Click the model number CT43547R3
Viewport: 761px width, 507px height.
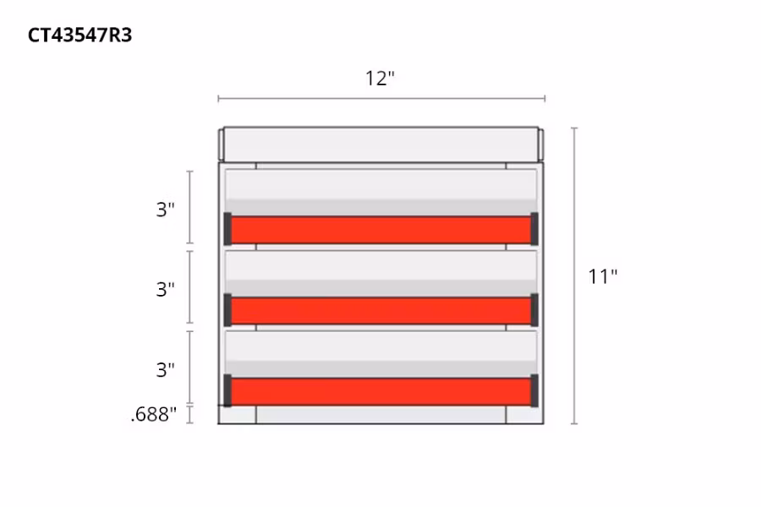click(79, 35)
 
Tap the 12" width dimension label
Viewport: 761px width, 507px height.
click(380, 79)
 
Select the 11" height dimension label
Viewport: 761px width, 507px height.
click(603, 276)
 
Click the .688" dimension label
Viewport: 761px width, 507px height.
click(154, 414)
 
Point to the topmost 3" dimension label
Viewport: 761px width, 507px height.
click(165, 210)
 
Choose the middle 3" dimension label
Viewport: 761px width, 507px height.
click(165, 289)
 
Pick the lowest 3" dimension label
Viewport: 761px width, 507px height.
click(165, 369)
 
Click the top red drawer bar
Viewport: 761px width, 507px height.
click(380, 230)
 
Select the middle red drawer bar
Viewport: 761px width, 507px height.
click(380, 310)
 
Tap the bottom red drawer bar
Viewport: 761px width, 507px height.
click(380, 391)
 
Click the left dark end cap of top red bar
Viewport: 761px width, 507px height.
click(227, 229)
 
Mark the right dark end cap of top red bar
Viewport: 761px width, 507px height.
click(534, 229)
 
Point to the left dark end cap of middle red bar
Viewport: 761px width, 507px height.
click(227, 309)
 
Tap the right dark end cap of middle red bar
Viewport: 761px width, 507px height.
click(534, 309)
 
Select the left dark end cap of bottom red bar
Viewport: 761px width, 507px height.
click(227, 390)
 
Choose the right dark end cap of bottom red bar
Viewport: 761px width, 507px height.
click(534, 390)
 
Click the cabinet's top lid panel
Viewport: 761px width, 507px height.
click(380, 144)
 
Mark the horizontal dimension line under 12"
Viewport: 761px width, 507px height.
click(380, 99)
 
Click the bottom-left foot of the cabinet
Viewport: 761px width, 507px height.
click(238, 415)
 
